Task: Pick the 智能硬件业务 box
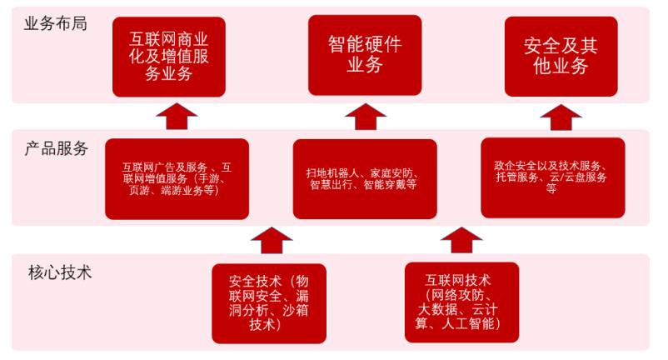[364, 54]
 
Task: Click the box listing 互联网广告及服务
[177, 177]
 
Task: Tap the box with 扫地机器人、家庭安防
[364, 178]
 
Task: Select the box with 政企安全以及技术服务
[553, 177]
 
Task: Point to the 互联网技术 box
[461, 301]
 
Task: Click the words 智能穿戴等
[390, 184]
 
